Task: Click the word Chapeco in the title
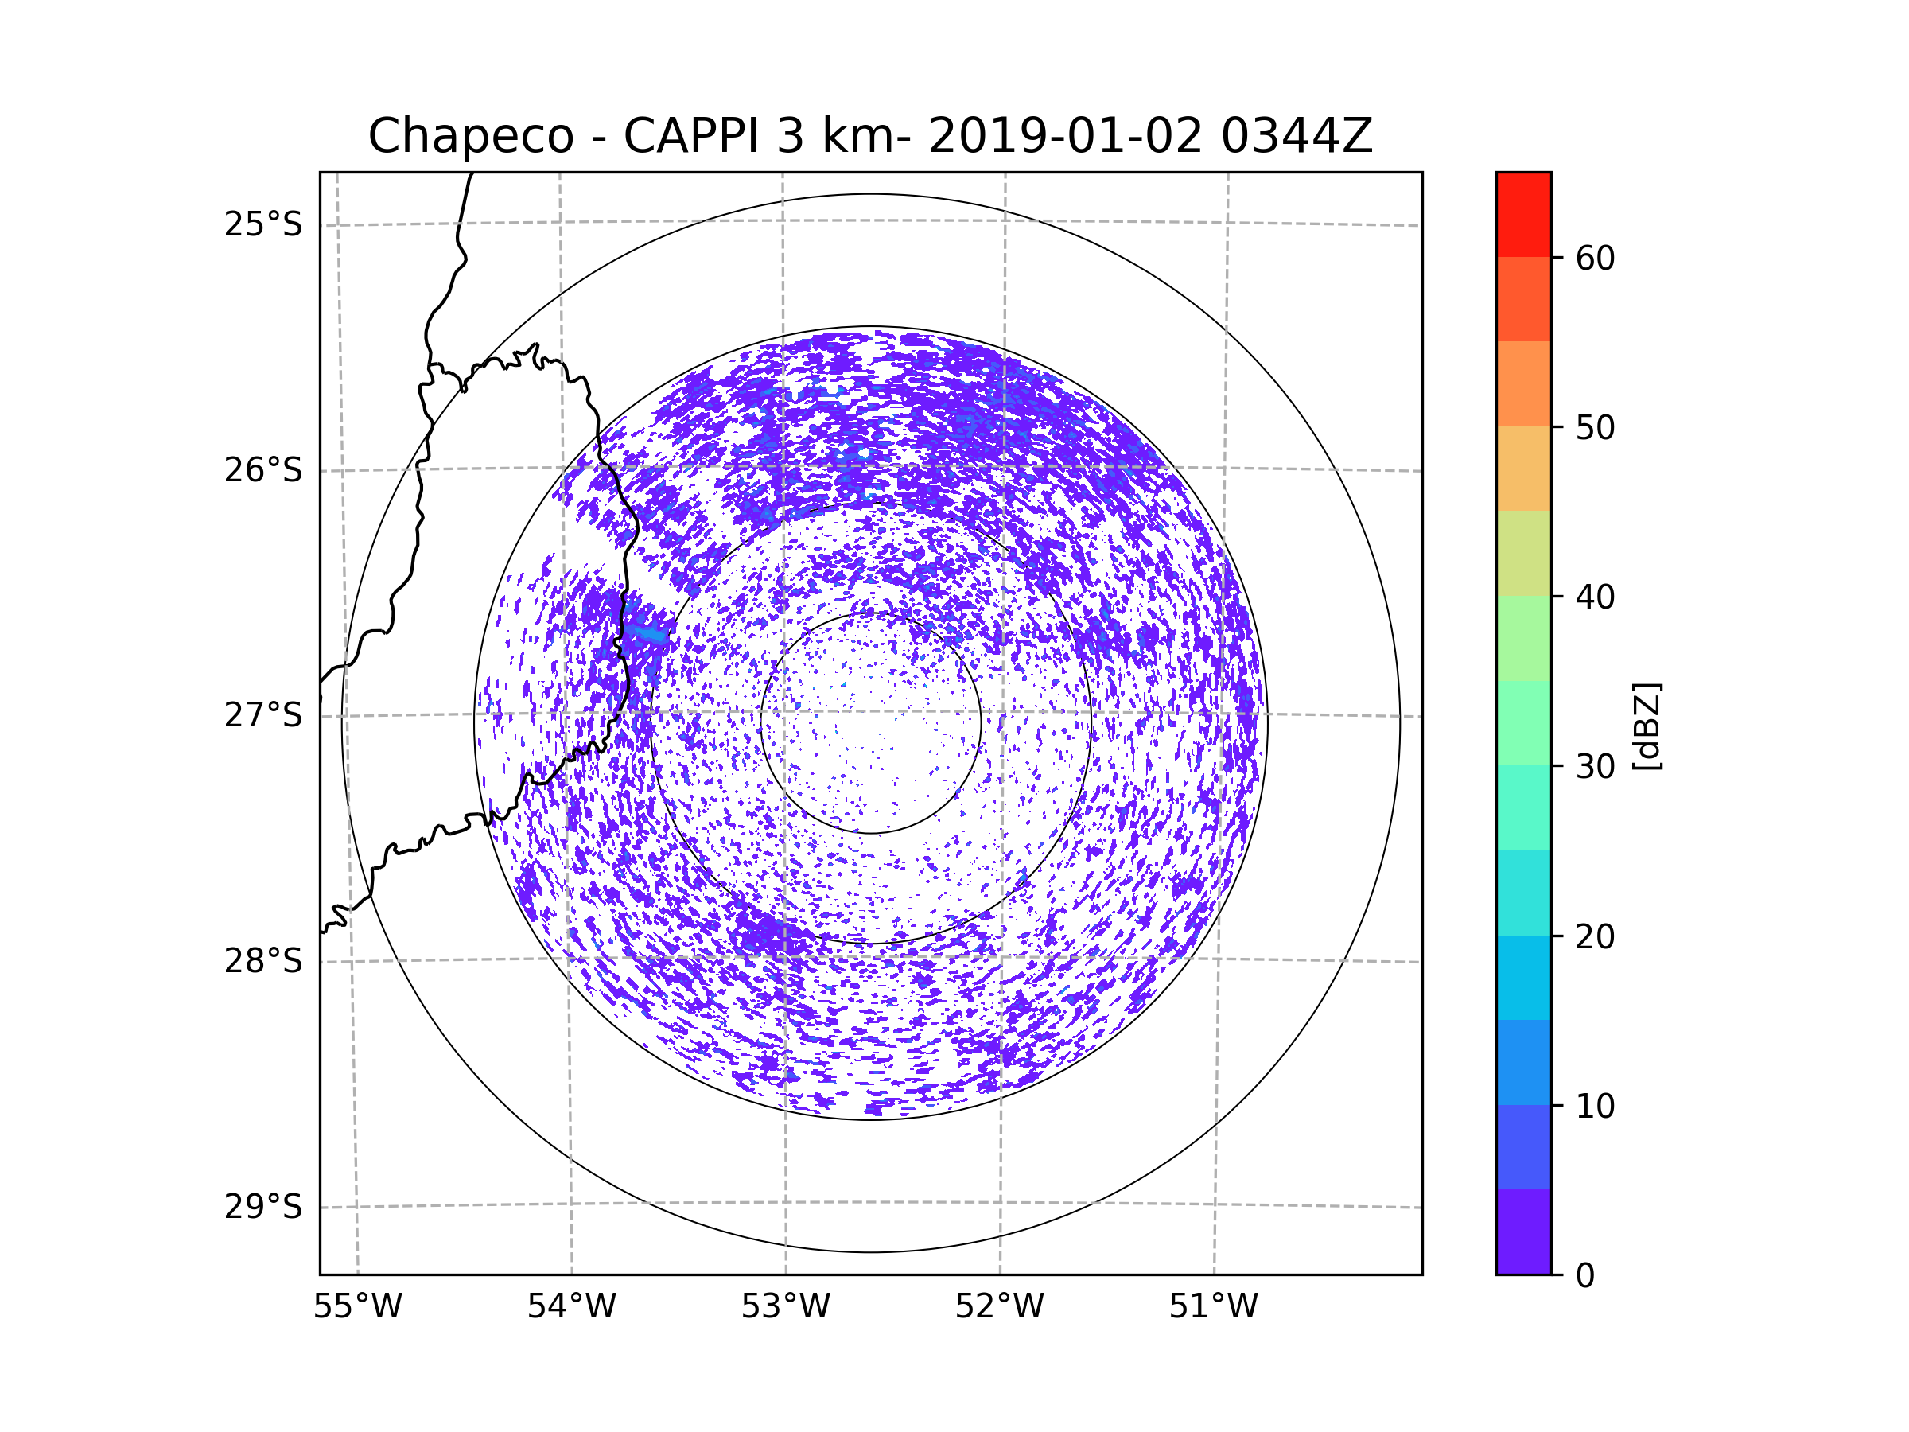(x=470, y=136)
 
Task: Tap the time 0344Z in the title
(x=1296, y=136)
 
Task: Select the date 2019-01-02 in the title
(x=1064, y=136)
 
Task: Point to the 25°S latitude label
(x=263, y=224)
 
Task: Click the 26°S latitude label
(x=263, y=470)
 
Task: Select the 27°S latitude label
(x=263, y=715)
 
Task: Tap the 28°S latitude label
(x=263, y=961)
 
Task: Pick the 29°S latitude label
(x=263, y=1207)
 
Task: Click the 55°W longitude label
(x=357, y=1307)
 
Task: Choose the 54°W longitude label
(x=571, y=1307)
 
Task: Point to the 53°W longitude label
(x=785, y=1307)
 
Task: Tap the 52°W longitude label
(x=999, y=1307)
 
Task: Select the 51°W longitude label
(x=1213, y=1307)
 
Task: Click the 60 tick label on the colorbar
(x=1595, y=258)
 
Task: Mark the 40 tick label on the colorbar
(x=1595, y=597)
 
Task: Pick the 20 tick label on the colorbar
(x=1595, y=936)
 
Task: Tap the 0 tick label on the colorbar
(x=1585, y=1276)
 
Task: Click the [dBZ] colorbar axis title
(x=1647, y=726)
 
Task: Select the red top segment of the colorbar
(x=1523, y=215)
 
